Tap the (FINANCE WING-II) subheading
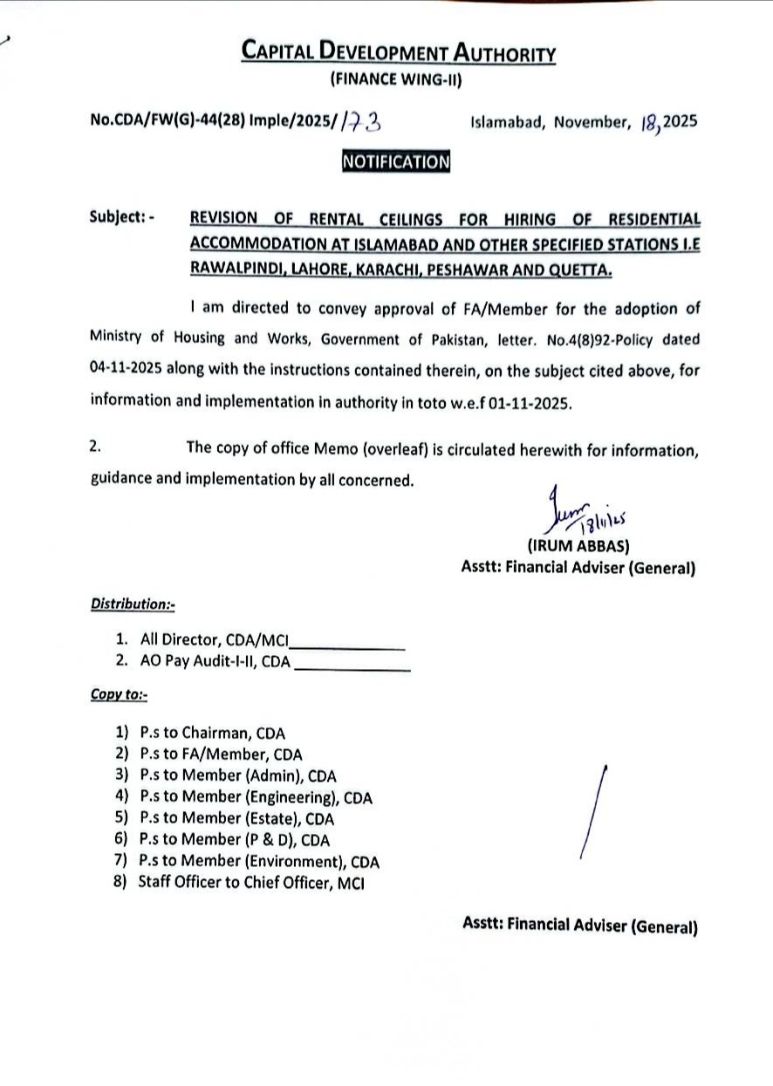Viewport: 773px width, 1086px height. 395,81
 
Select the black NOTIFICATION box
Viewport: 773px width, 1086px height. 396,161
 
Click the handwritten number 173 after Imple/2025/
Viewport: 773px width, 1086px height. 360,121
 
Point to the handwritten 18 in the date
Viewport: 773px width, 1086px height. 648,122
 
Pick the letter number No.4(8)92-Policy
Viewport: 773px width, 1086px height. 578,338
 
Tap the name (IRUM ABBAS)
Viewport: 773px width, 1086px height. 578,547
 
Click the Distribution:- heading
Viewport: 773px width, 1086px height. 133,604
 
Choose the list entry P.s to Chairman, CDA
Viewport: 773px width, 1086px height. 212,734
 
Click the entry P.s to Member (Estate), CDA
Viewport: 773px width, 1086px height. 236,819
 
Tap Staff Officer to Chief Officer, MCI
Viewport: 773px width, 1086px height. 250,883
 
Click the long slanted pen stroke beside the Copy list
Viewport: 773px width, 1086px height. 593,811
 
